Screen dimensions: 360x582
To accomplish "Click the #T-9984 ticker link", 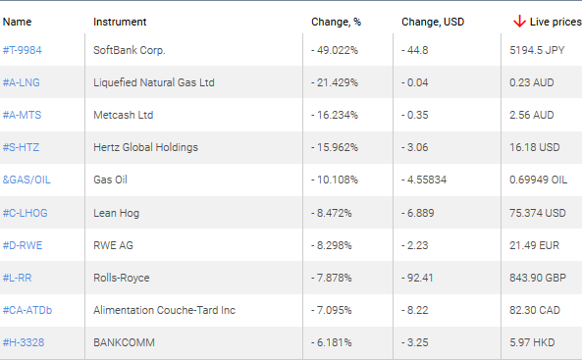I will (x=23, y=49).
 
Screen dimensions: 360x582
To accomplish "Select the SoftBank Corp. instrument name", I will (x=130, y=49).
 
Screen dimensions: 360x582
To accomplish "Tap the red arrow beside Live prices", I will (x=519, y=21).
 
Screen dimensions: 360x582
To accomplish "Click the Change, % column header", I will (x=336, y=21).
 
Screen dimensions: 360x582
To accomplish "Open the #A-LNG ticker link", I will (x=22, y=81).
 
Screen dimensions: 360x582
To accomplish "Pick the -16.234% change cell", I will (x=335, y=115).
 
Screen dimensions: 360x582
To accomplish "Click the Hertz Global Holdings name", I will (x=145, y=147).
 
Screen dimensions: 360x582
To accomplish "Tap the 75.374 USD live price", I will (x=538, y=212).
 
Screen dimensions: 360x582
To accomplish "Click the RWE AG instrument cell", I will (x=115, y=245).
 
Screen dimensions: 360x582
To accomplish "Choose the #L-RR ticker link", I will (x=20, y=278).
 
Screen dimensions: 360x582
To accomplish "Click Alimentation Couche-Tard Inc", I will (x=164, y=310).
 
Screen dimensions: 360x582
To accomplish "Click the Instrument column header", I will (x=120, y=21).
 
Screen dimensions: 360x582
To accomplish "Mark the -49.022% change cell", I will (x=335, y=49).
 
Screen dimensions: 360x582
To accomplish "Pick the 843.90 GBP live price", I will (x=538, y=278).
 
